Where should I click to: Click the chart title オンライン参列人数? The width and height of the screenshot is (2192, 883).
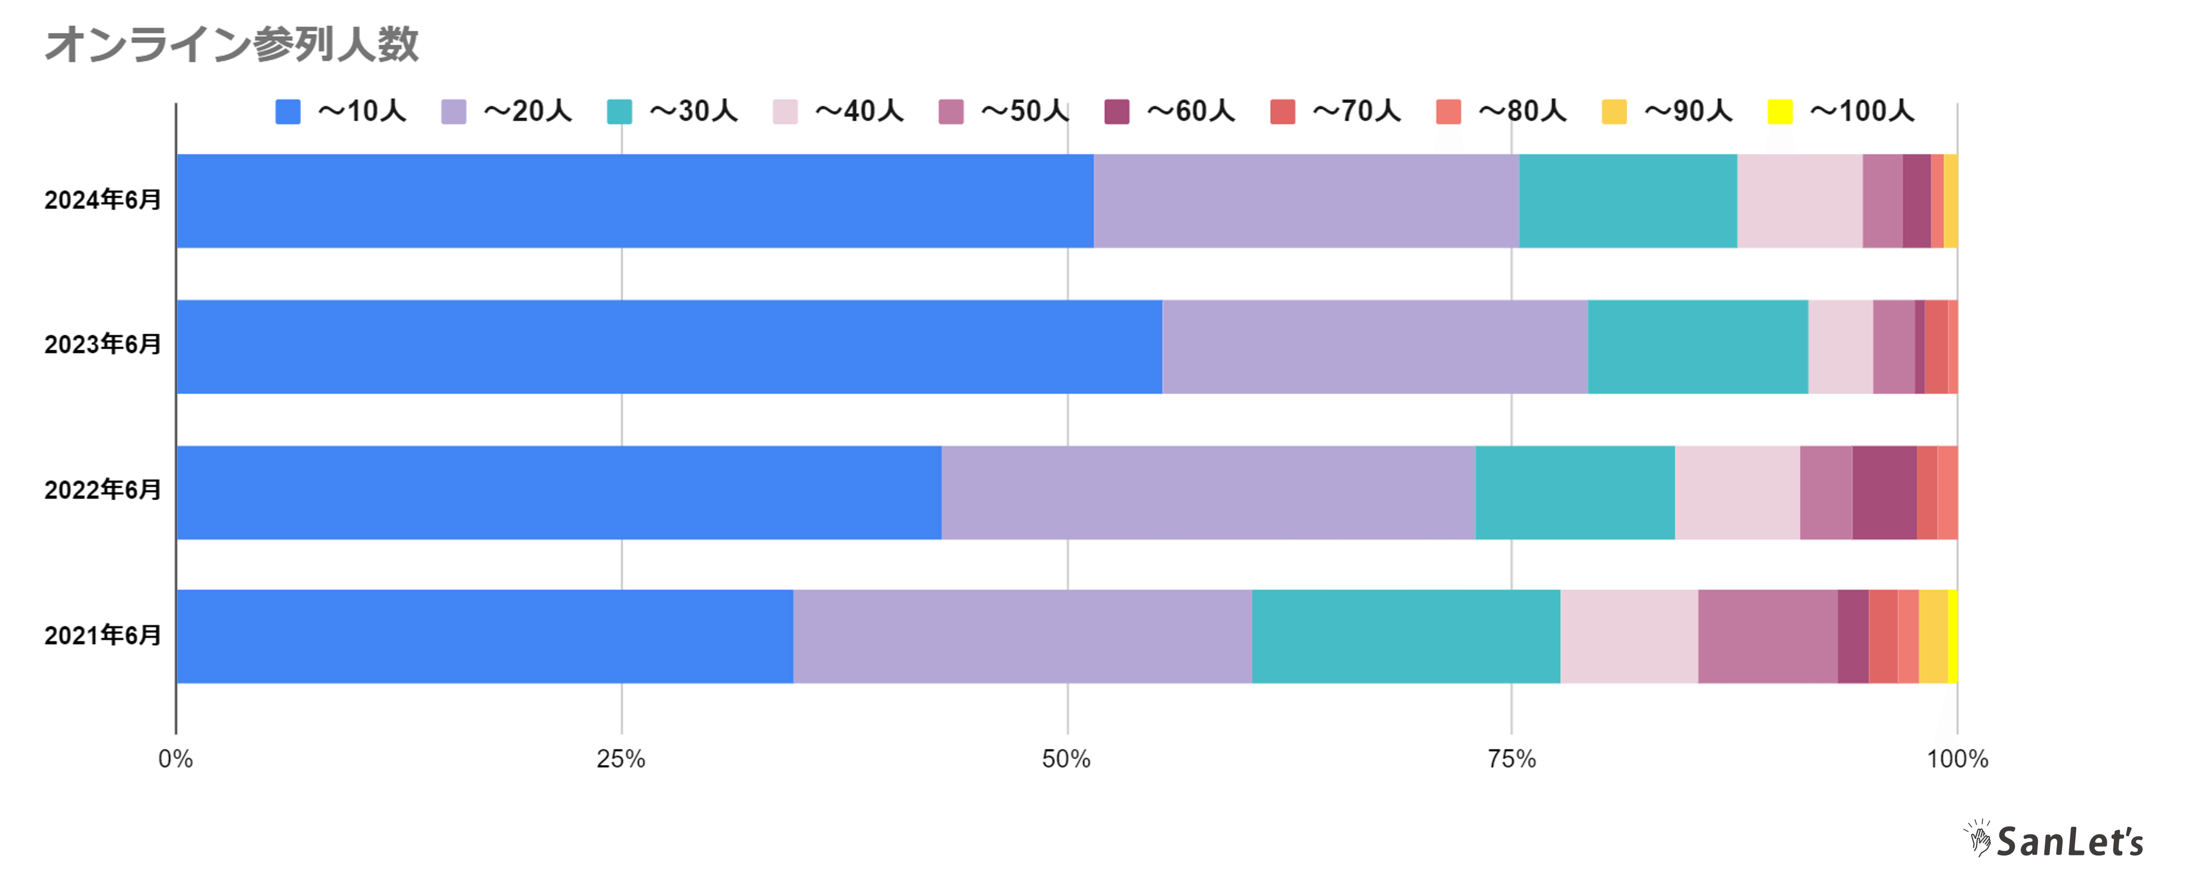232,44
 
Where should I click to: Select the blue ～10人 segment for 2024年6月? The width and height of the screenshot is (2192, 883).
635,201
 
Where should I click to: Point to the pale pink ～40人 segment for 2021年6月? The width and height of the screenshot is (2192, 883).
1629,636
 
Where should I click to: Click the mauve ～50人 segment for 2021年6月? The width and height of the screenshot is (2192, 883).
1768,636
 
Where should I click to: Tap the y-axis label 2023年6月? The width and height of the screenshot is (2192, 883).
102,345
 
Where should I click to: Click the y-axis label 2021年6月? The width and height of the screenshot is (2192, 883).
102,635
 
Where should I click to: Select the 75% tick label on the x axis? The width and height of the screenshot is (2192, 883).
1511,759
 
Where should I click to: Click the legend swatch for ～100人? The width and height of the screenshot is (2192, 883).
1780,112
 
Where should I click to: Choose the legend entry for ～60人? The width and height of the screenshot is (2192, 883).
1170,112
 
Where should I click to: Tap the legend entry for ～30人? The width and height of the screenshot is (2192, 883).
672,112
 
